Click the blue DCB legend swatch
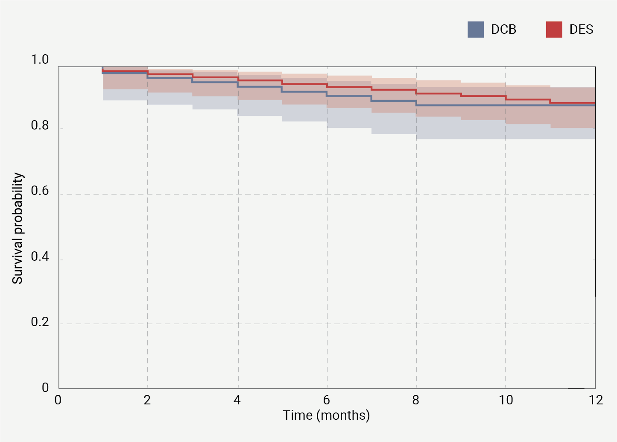coord(476,29)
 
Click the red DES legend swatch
coord(554,29)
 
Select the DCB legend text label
coord(503,29)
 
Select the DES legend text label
coord(581,29)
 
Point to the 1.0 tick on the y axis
coord(40,60)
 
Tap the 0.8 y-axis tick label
coord(40,126)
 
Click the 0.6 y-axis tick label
coord(40,191)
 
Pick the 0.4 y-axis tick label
coord(40,256)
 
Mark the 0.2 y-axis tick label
coord(40,322)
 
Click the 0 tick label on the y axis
coord(45,388)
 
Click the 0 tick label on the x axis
coord(58,400)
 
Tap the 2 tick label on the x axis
coord(147,400)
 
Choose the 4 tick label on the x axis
coord(237,400)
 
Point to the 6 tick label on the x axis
coord(327,400)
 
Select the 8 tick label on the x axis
coord(416,400)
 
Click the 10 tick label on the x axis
coord(506,400)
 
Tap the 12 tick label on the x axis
coord(596,400)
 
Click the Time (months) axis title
coord(326,415)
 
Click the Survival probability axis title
coord(18,228)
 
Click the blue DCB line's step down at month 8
coord(416,103)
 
